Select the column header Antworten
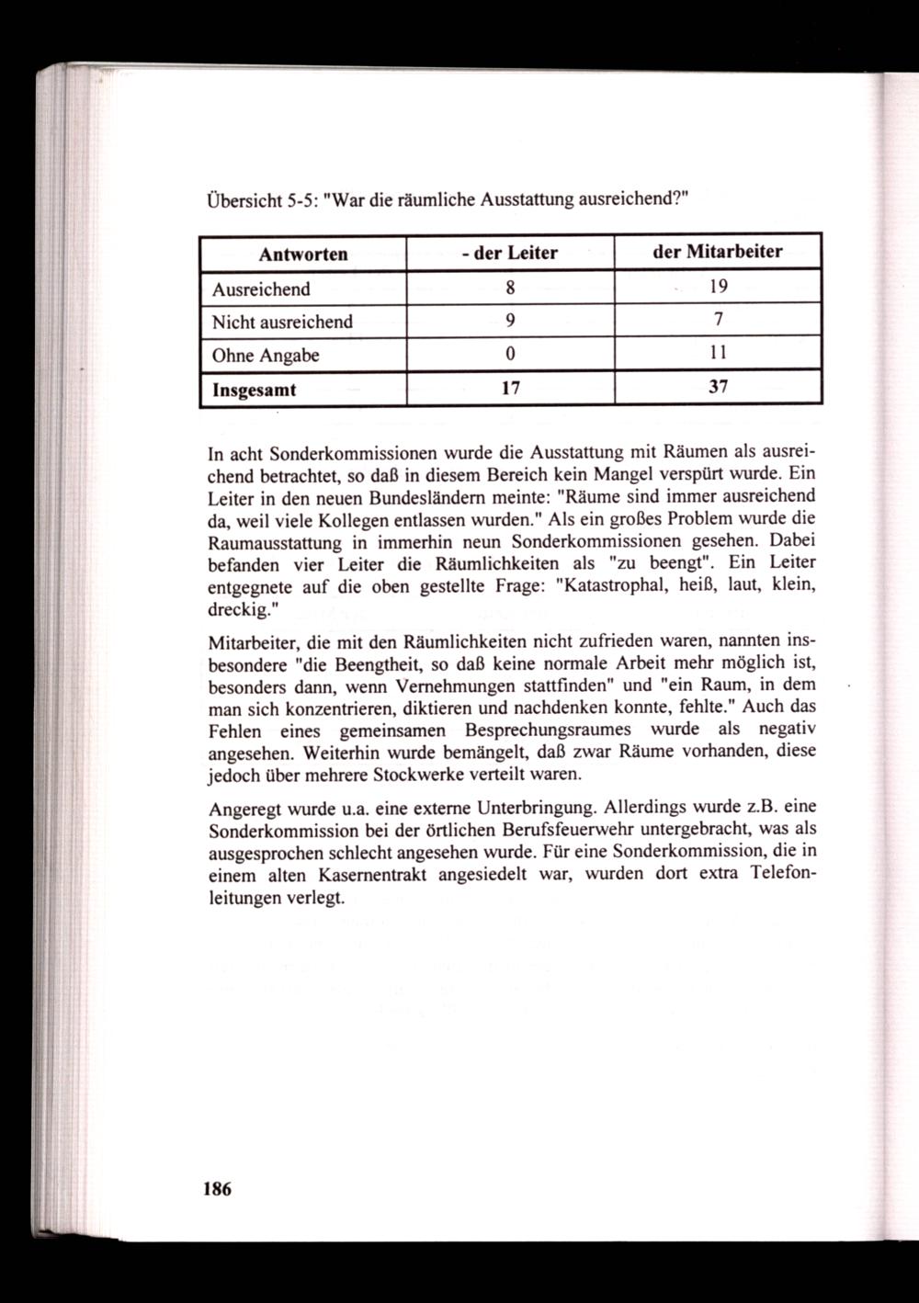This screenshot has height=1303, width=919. point(303,254)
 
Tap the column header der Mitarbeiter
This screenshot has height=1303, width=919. point(717,252)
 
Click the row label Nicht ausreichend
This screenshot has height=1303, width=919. point(282,322)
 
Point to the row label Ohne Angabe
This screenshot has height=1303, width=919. point(266,355)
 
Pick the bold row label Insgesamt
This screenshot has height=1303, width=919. point(255,389)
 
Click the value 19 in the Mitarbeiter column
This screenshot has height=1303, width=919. point(718,287)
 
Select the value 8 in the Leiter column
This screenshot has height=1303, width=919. point(510,288)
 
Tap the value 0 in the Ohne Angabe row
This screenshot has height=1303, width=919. point(510,355)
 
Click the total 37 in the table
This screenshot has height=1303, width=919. point(718,388)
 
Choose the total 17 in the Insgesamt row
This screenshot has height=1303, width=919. point(510,388)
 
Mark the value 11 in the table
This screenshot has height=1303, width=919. point(718,354)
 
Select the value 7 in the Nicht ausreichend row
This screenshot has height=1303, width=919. point(718,321)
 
